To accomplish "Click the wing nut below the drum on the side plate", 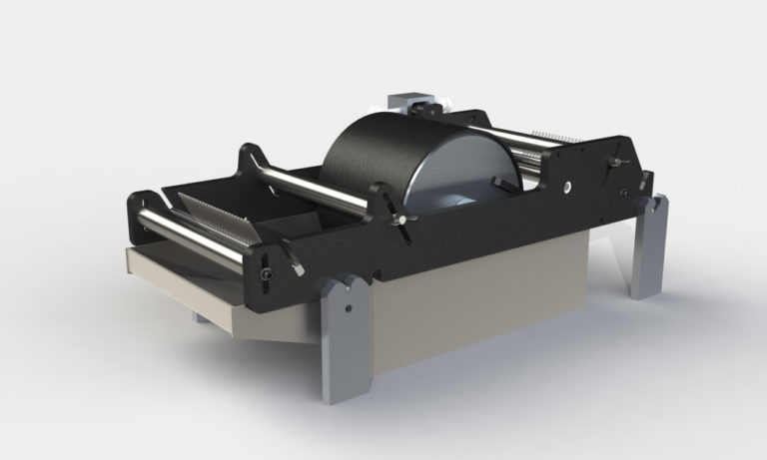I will (x=401, y=221).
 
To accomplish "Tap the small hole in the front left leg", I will (x=348, y=308).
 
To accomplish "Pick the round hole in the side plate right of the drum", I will (x=566, y=186).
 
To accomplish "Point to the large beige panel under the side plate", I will (x=469, y=299).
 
